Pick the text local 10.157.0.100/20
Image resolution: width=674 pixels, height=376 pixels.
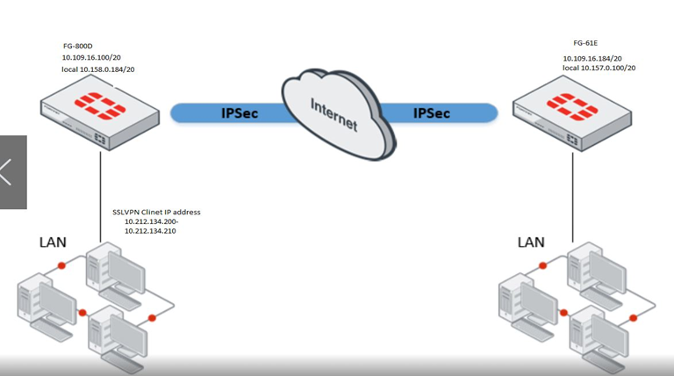[x=599, y=68]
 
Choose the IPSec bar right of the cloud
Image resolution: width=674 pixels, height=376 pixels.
[x=438, y=112]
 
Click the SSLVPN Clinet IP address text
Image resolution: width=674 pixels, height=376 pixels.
[x=157, y=213]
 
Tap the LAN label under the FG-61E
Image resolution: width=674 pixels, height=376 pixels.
[x=530, y=242]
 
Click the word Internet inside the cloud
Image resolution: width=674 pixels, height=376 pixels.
[x=334, y=113]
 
